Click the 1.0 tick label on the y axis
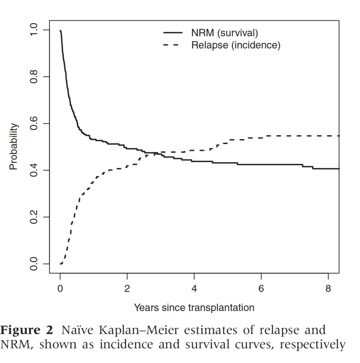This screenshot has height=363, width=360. pos(34,30)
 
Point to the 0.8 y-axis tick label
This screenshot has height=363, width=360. pos(34,77)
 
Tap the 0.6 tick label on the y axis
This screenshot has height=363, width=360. pos(34,124)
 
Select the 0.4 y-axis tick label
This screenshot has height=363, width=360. pos(34,170)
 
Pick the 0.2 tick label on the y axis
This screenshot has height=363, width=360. pos(34,217)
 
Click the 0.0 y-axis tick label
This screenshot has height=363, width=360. pos(34,264)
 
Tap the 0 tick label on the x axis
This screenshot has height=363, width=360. pos(60,289)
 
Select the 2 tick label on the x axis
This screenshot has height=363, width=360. pos(127,289)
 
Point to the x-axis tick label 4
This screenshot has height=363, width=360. pos(194,289)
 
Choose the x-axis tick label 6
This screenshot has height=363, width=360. pos(261,289)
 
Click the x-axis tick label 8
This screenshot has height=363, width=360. pos(328,289)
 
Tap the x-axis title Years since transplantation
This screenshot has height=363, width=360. pos(194,307)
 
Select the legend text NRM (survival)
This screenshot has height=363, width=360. pos(224,33)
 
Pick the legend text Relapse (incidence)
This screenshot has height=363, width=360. pos(235,45)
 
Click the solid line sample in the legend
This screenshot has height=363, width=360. pos(173,33)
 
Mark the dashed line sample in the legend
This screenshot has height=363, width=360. pos(173,45)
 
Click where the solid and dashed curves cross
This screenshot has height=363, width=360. pos(150,153)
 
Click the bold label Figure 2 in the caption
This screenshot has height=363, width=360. pos(26,331)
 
